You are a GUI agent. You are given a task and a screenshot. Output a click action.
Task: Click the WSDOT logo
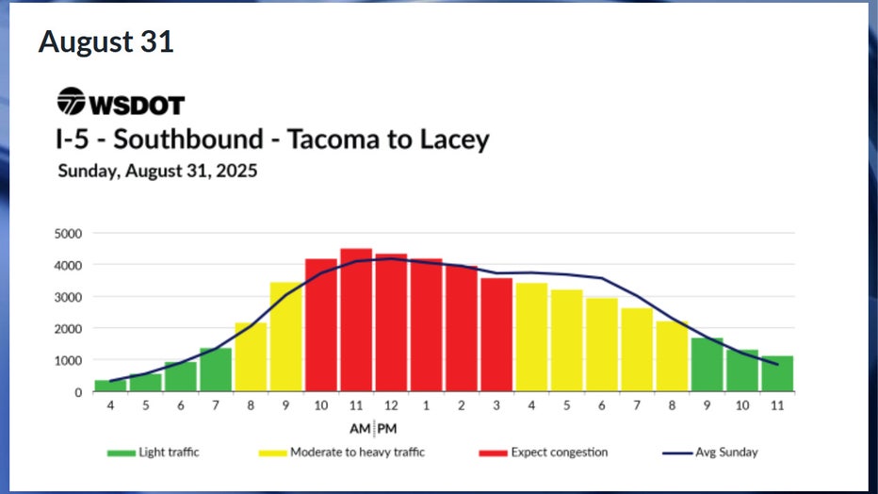121,102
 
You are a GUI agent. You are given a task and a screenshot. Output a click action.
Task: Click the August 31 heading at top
106,42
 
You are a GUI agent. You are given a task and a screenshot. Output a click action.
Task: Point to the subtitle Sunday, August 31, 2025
157,172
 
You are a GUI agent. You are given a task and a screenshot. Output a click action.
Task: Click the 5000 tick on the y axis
67,234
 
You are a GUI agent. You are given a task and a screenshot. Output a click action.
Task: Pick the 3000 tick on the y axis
67,297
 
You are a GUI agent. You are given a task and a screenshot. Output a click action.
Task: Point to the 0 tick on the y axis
78,392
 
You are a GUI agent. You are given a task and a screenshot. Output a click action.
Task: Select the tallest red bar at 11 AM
356,321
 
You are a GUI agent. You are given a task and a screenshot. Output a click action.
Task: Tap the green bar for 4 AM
110,386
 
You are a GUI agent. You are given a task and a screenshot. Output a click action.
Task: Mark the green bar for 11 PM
777,373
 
